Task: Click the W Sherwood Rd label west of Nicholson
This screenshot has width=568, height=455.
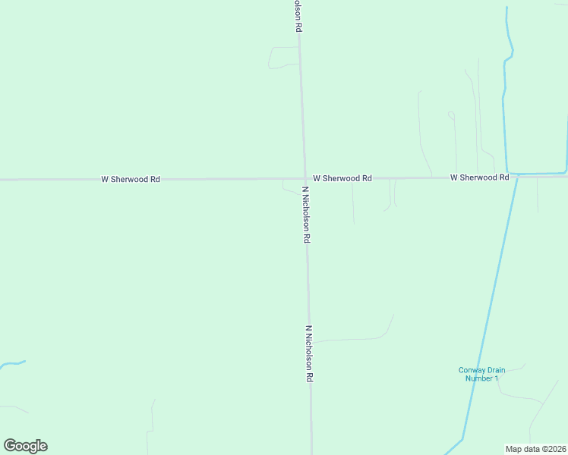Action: click(x=131, y=179)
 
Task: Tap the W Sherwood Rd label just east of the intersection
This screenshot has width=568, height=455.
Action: click(x=342, y=178)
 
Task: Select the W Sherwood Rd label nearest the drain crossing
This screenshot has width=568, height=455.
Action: click(x=479, y=177)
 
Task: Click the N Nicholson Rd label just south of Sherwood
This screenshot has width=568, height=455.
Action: click(x=306, y=215)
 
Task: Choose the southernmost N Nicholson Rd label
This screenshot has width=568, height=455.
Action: click(x=310, y=353)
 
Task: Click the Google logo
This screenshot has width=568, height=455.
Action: click(x=25, y=446)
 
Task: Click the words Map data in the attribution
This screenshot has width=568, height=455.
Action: click(x=523, y=448)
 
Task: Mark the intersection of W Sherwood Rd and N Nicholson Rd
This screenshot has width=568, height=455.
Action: click(x=305, y=179)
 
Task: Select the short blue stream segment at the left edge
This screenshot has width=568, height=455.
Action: click(x=12, y=364)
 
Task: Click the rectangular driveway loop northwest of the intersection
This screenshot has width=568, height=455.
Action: click(x=283, y=58)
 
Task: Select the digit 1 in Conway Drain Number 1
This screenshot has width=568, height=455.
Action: click(x=497, y=378)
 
